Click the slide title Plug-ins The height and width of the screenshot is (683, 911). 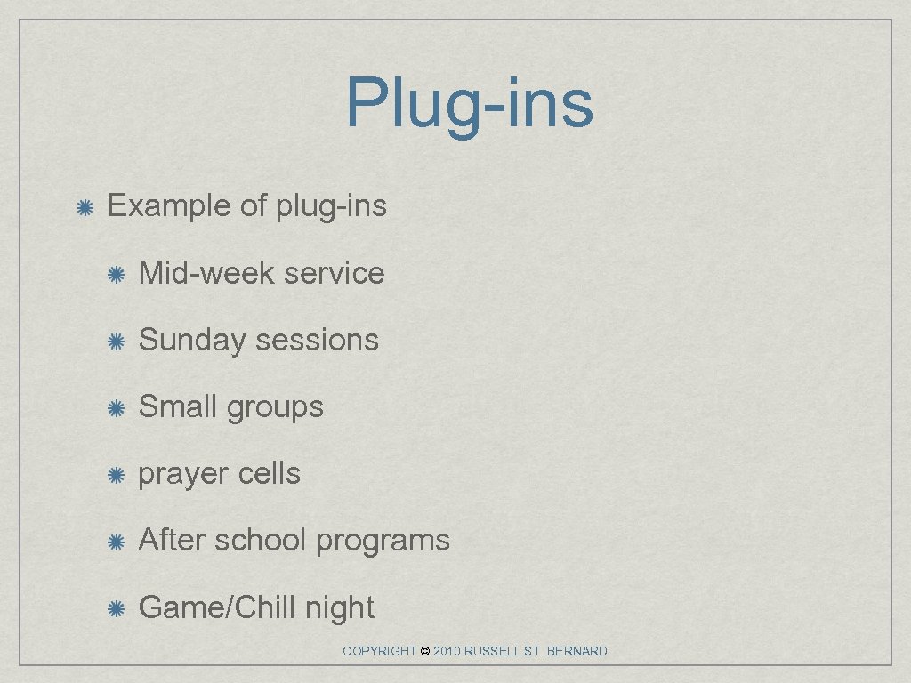469,103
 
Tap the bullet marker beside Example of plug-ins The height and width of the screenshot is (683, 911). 84,208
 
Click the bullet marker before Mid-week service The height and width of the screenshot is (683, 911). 116,275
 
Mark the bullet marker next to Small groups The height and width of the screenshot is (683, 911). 116,408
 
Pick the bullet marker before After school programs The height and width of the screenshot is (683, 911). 116,542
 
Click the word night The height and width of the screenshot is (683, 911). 339,608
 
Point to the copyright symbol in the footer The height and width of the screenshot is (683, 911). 424,652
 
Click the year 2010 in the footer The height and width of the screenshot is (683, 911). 446,652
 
